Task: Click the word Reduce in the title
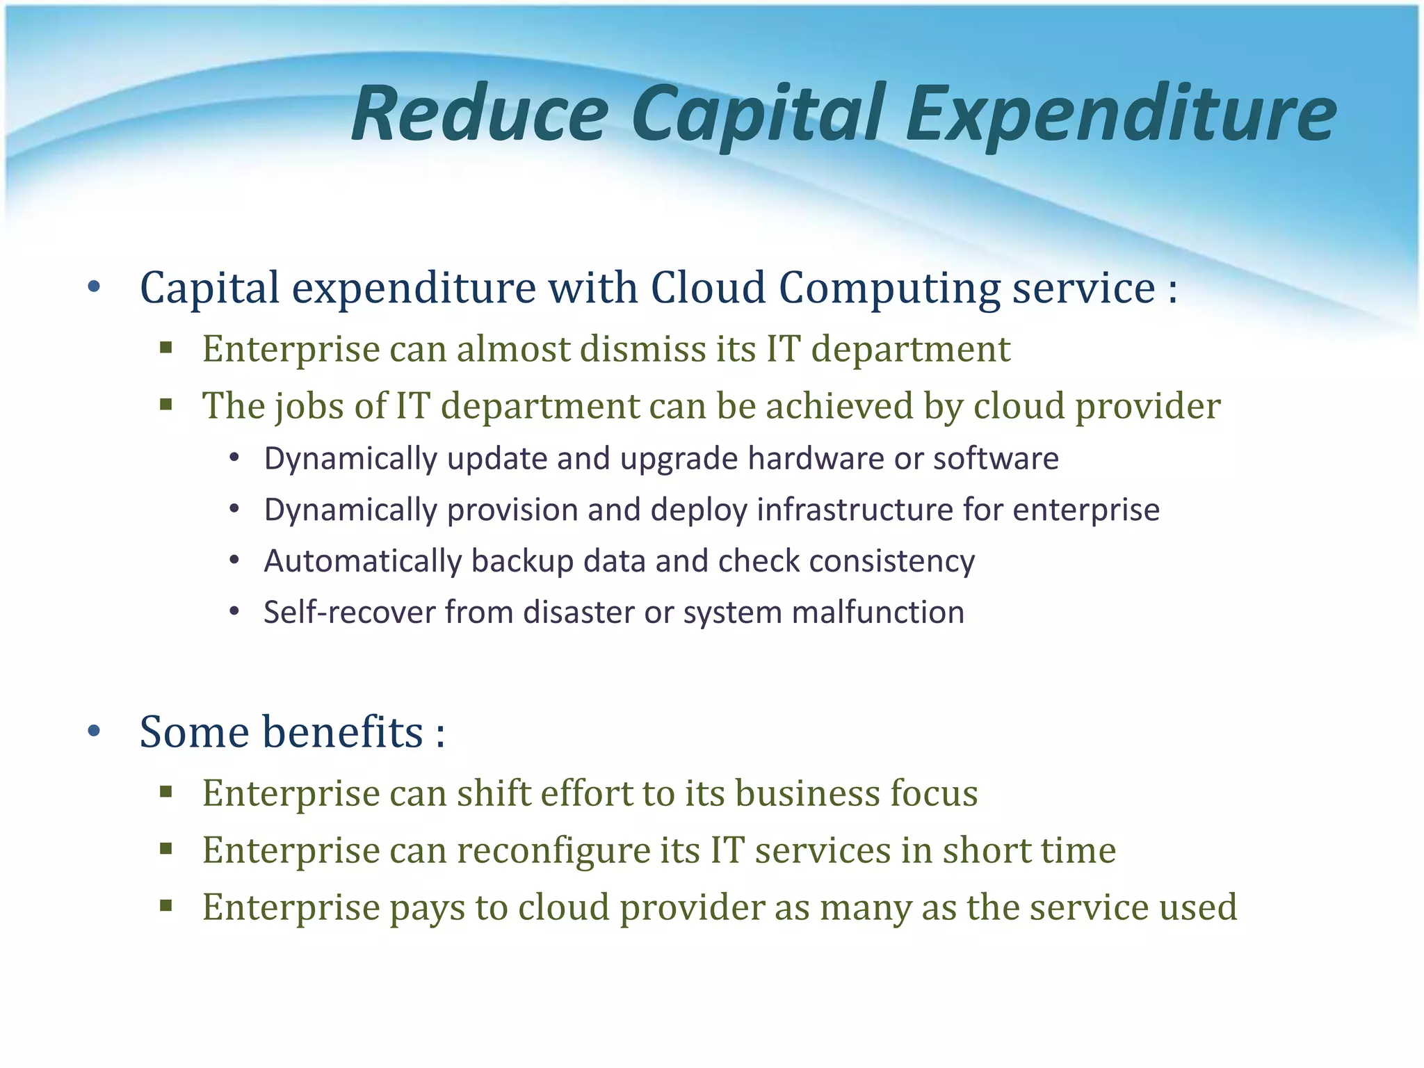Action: [480, 113]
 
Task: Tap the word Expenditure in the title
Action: [1120, 113]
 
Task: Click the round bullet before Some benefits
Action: [95, 731]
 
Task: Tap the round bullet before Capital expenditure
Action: [95, 286]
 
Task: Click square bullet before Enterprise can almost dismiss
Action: [165, 348]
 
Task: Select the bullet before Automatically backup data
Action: [234, 560]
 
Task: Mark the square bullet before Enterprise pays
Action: [165, 906]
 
